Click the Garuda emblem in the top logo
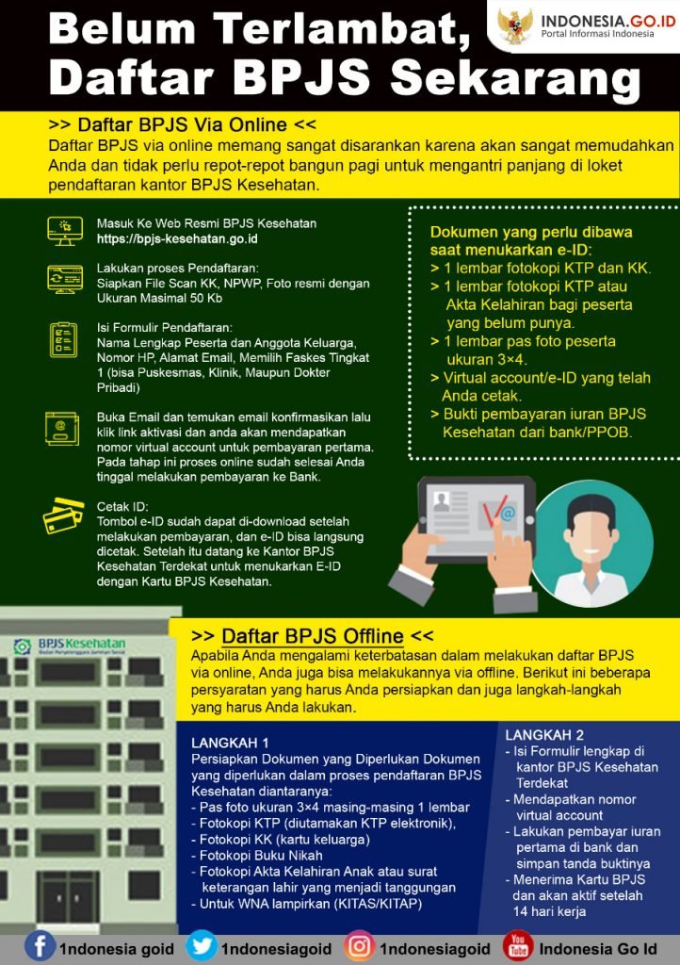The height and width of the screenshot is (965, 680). (514, 26)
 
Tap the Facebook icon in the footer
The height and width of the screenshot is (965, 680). (40, 946)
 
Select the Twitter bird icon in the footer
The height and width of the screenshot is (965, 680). (201, 946)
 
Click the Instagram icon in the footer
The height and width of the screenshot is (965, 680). (360, 946)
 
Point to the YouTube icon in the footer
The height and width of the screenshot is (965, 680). (518, 946)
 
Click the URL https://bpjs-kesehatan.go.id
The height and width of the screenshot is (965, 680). (177, 238)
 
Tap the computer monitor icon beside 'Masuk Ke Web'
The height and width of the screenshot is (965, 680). (65, 231)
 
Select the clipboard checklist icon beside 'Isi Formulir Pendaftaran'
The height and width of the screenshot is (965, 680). (63, 339)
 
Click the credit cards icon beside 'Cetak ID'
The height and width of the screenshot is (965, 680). (63, 515)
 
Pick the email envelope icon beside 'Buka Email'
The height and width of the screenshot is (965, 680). (62, 429)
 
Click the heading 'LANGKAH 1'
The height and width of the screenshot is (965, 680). (230, 743)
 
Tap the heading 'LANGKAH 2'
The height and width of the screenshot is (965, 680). (544, 735)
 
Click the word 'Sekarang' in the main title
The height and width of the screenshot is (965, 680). (515, 78)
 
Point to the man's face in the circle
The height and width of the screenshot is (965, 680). (591, 532)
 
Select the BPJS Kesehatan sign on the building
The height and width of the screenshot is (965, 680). (70, 646)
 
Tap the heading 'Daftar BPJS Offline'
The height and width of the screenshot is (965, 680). (313, 636)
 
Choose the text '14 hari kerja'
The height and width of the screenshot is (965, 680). (550, 911)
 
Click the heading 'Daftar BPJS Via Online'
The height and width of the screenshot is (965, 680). (182, 125)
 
